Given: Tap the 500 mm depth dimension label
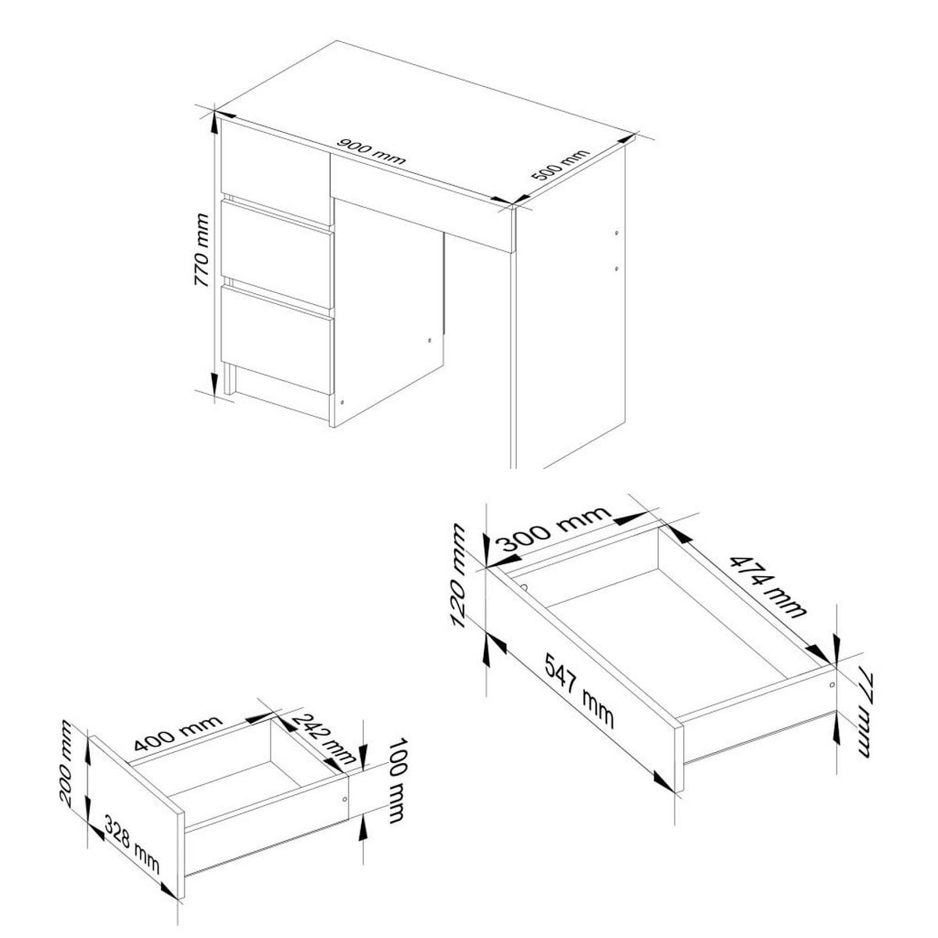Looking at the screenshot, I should (x=558, y=166).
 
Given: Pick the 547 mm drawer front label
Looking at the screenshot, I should (x=578, y=693).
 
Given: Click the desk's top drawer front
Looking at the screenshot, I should (x=274, y=170).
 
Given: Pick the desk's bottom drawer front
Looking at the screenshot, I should (x=277, y=341).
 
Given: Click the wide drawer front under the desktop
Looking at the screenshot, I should (x=422, y=205).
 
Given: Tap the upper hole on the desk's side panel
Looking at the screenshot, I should (x=616, y=233).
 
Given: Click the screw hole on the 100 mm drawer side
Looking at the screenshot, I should (x=345, y=800).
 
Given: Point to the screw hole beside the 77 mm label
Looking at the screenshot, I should (x=831, y=684).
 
